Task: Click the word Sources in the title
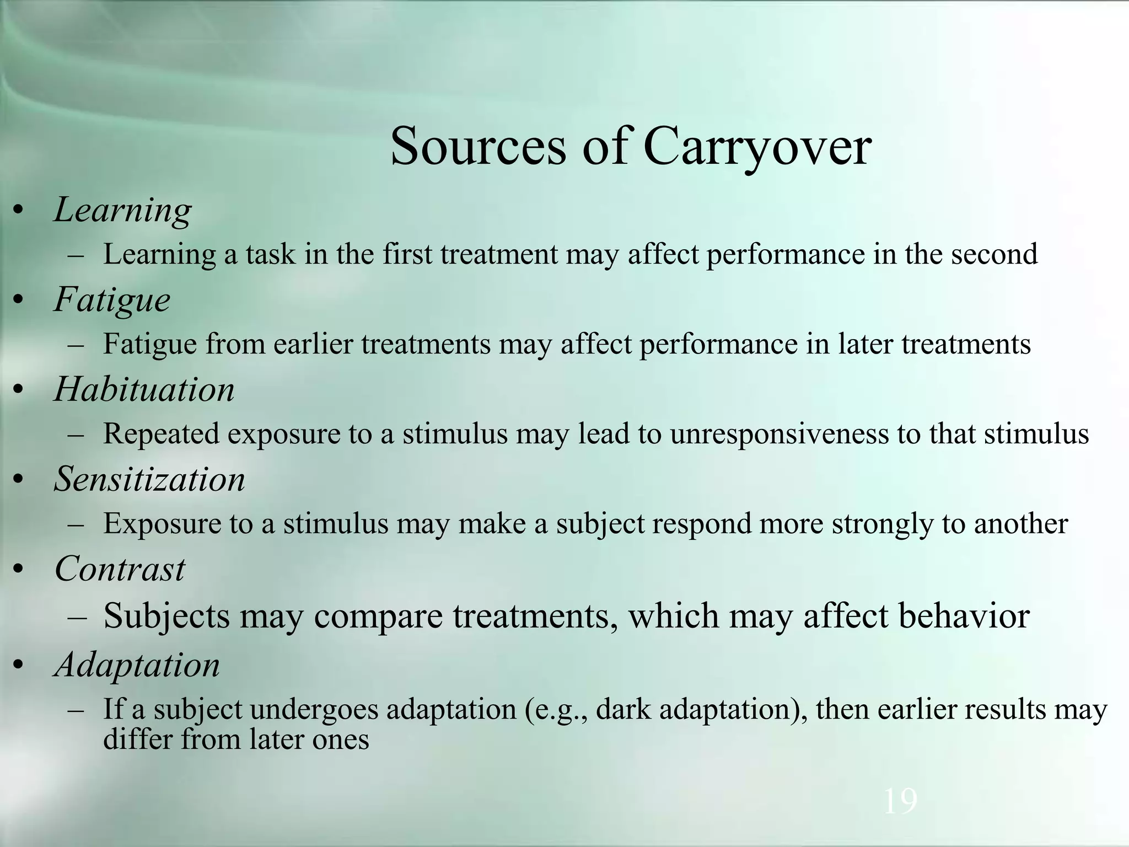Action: coord(478,147)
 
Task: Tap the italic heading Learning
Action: coord(122,211)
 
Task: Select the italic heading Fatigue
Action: coord(112,301)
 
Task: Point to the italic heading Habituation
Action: coord(144,389)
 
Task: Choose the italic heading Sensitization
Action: coord(149,479)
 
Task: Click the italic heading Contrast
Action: coord(120,569)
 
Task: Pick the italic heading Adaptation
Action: coord(137,665)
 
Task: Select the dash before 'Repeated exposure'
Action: coord(76,434)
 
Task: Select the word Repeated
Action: coord(161,434)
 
